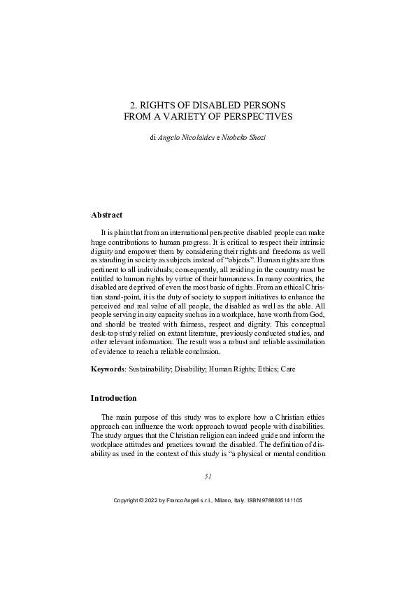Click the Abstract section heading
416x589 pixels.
[106, 215]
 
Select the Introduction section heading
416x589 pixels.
[114, 398]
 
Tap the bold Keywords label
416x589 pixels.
[108, 367]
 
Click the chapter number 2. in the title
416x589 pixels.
[134, 104]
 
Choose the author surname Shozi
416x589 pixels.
[255, 138]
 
